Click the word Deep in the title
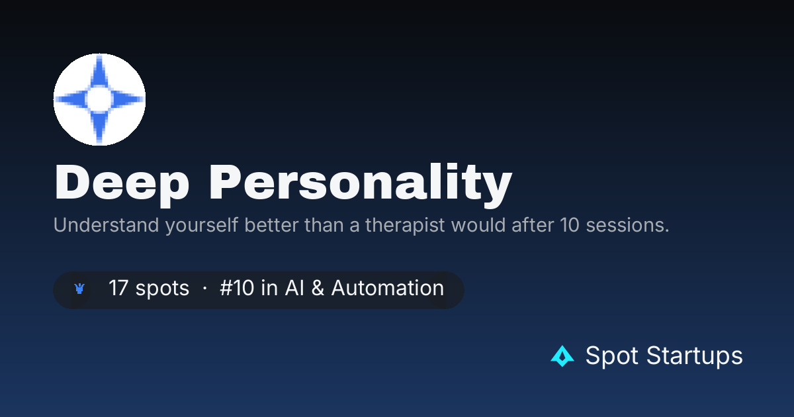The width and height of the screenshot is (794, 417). (x=122, y=183)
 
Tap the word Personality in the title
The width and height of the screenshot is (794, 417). (x=361, y=185)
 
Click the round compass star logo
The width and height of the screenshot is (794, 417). (x=100, y=100)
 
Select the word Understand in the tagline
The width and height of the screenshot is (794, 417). (x=106, y=225)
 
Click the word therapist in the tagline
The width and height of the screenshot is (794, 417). (x=405, y=226)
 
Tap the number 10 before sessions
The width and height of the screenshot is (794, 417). (x=570, y=225)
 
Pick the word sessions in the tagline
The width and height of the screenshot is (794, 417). (x=627, y=226)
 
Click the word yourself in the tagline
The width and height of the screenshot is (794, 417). (x=202, y=226)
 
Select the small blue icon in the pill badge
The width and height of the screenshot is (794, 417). (x=79, y=289)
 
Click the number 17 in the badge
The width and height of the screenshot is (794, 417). (x=118, y=288)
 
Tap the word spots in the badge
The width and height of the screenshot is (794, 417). (x=162, y=289)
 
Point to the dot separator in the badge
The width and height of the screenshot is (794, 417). (x=204, y=289)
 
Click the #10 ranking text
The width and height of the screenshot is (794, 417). (x=237, y=288)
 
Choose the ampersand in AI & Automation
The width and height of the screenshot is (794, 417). (x=318, y=288)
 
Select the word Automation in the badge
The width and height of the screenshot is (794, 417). (x=388, y=288)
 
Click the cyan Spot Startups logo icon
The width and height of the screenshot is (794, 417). (x=562, y=356)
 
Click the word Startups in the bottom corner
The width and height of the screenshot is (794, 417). (x=694, y=356)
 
